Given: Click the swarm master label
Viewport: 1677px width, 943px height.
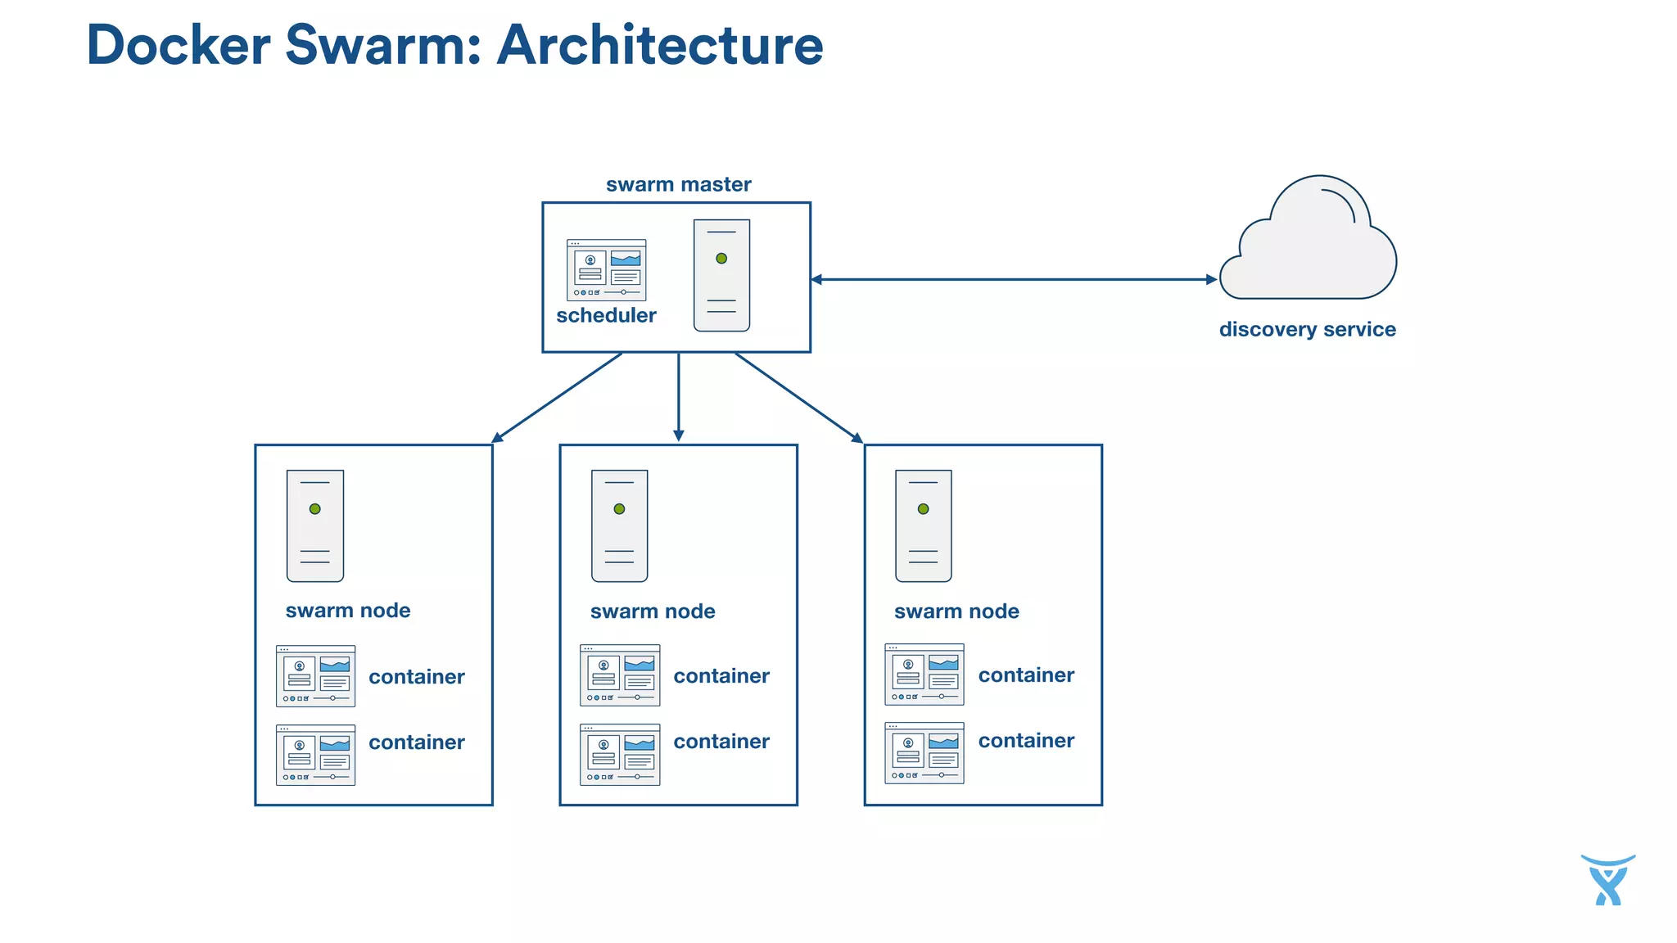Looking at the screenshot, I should [678, 185].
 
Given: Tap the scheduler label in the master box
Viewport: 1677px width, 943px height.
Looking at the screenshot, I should [606, 316].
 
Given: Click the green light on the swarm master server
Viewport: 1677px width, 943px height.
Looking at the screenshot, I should [721, 259].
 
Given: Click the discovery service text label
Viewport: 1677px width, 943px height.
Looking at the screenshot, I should [1307, 330].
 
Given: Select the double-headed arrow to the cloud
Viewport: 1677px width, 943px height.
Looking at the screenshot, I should [1014, 279].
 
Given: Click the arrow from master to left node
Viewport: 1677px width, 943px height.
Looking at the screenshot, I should [557, 398].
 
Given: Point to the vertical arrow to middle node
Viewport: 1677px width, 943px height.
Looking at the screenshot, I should [678, 397].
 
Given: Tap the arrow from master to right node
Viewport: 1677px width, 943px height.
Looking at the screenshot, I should [798, 398].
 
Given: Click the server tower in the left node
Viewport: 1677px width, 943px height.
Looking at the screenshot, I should [315, 526].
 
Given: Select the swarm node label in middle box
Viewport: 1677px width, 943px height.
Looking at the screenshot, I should [653, 611].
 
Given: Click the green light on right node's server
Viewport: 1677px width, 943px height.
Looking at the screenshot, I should [924, 509].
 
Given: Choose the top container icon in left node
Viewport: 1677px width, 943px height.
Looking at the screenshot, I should [315, 676].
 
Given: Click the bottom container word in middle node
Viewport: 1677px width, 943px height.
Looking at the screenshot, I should [721, 742].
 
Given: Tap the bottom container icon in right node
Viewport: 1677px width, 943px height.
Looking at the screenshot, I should [924, 753].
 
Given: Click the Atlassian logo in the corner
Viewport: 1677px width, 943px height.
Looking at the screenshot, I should [1607, 880].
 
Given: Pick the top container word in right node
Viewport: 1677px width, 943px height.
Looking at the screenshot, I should [1026, 675].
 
